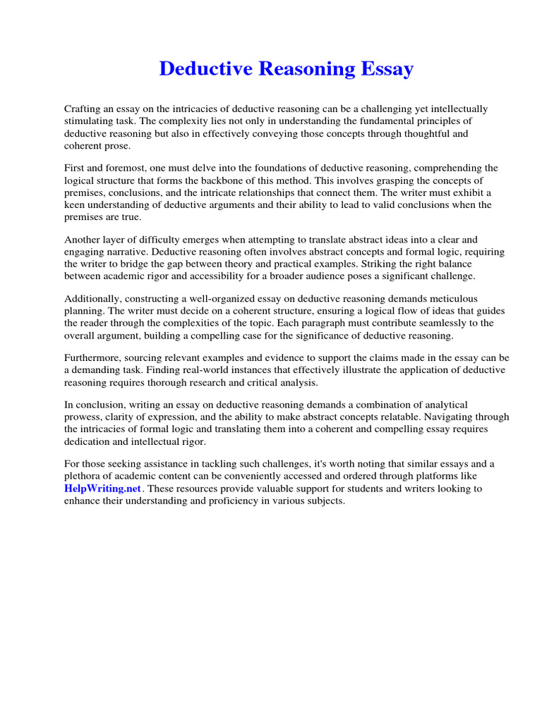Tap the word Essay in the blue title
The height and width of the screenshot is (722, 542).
point(386,69)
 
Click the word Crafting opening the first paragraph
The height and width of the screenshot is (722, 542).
point(83,109)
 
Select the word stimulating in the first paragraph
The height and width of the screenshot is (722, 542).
point(88,121)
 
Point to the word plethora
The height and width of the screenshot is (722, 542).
point(82,476)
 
